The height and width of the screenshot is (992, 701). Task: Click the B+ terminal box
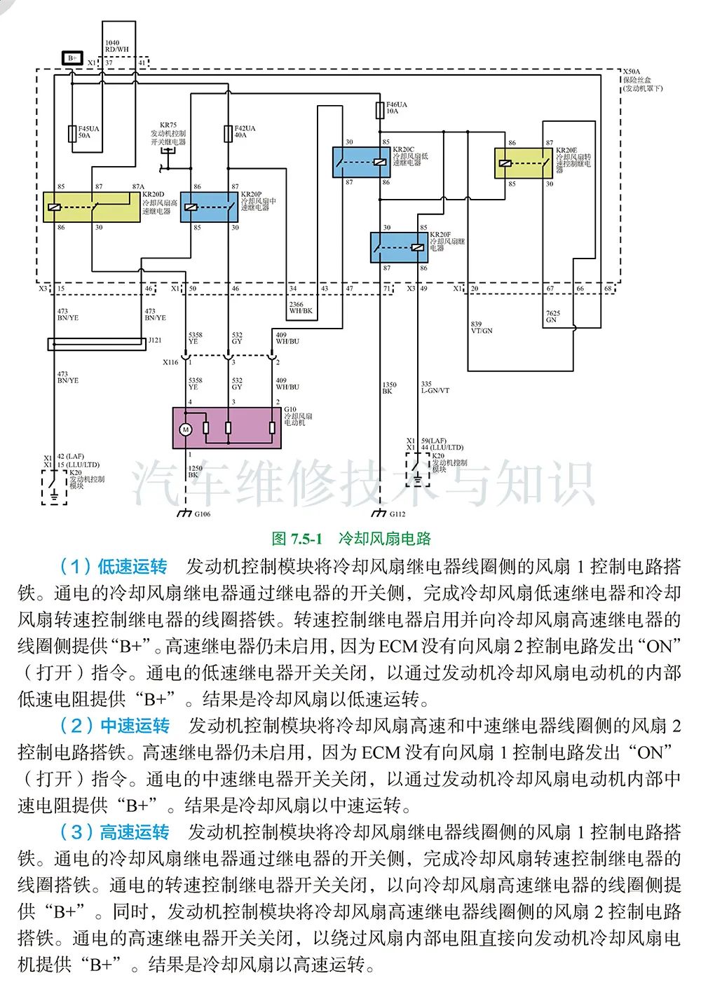tap(72, 58)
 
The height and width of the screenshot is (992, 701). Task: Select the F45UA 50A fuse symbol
tap(72, 133)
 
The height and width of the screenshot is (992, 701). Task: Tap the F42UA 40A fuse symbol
tap(228, 133)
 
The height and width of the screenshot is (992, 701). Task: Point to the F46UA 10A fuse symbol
tap(379, 110)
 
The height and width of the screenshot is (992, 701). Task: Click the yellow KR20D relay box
tap(91, 207)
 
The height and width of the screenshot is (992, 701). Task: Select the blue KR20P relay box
tap(209, 207)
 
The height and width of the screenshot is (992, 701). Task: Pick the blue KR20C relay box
tap(361, 162)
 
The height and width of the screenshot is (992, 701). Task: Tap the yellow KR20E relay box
tap(524, 163)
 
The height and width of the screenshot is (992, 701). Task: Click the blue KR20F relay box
tap(399, 247)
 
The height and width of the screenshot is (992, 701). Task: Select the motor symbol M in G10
tap(186, 429)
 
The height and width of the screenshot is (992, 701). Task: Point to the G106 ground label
tap(202, 514)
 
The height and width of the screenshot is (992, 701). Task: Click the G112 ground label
tap(397, 514)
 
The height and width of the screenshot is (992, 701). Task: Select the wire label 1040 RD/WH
tap(117, 47)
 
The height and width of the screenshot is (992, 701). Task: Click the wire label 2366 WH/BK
tap(301, 308)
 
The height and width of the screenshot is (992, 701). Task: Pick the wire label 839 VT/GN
tap(482, 327)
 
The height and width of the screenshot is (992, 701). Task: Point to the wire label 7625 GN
tap(553, 317)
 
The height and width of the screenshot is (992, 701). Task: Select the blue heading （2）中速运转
tap(115, 726)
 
